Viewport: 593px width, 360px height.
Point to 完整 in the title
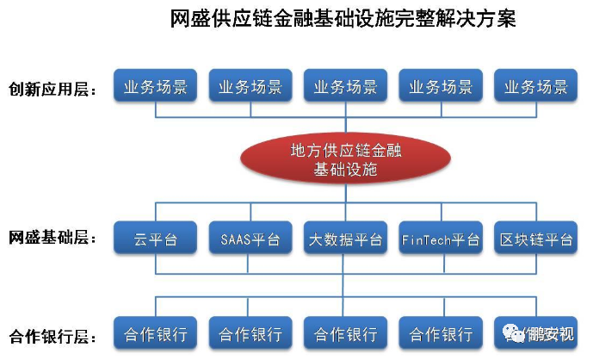(418, 18)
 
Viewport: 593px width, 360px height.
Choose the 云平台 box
(155, 239)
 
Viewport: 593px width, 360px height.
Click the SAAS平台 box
(250, 239)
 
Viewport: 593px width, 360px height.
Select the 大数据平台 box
(345, 239)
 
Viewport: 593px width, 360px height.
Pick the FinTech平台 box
(441, 239)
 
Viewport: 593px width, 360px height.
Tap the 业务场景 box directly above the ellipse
(345, 87)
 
